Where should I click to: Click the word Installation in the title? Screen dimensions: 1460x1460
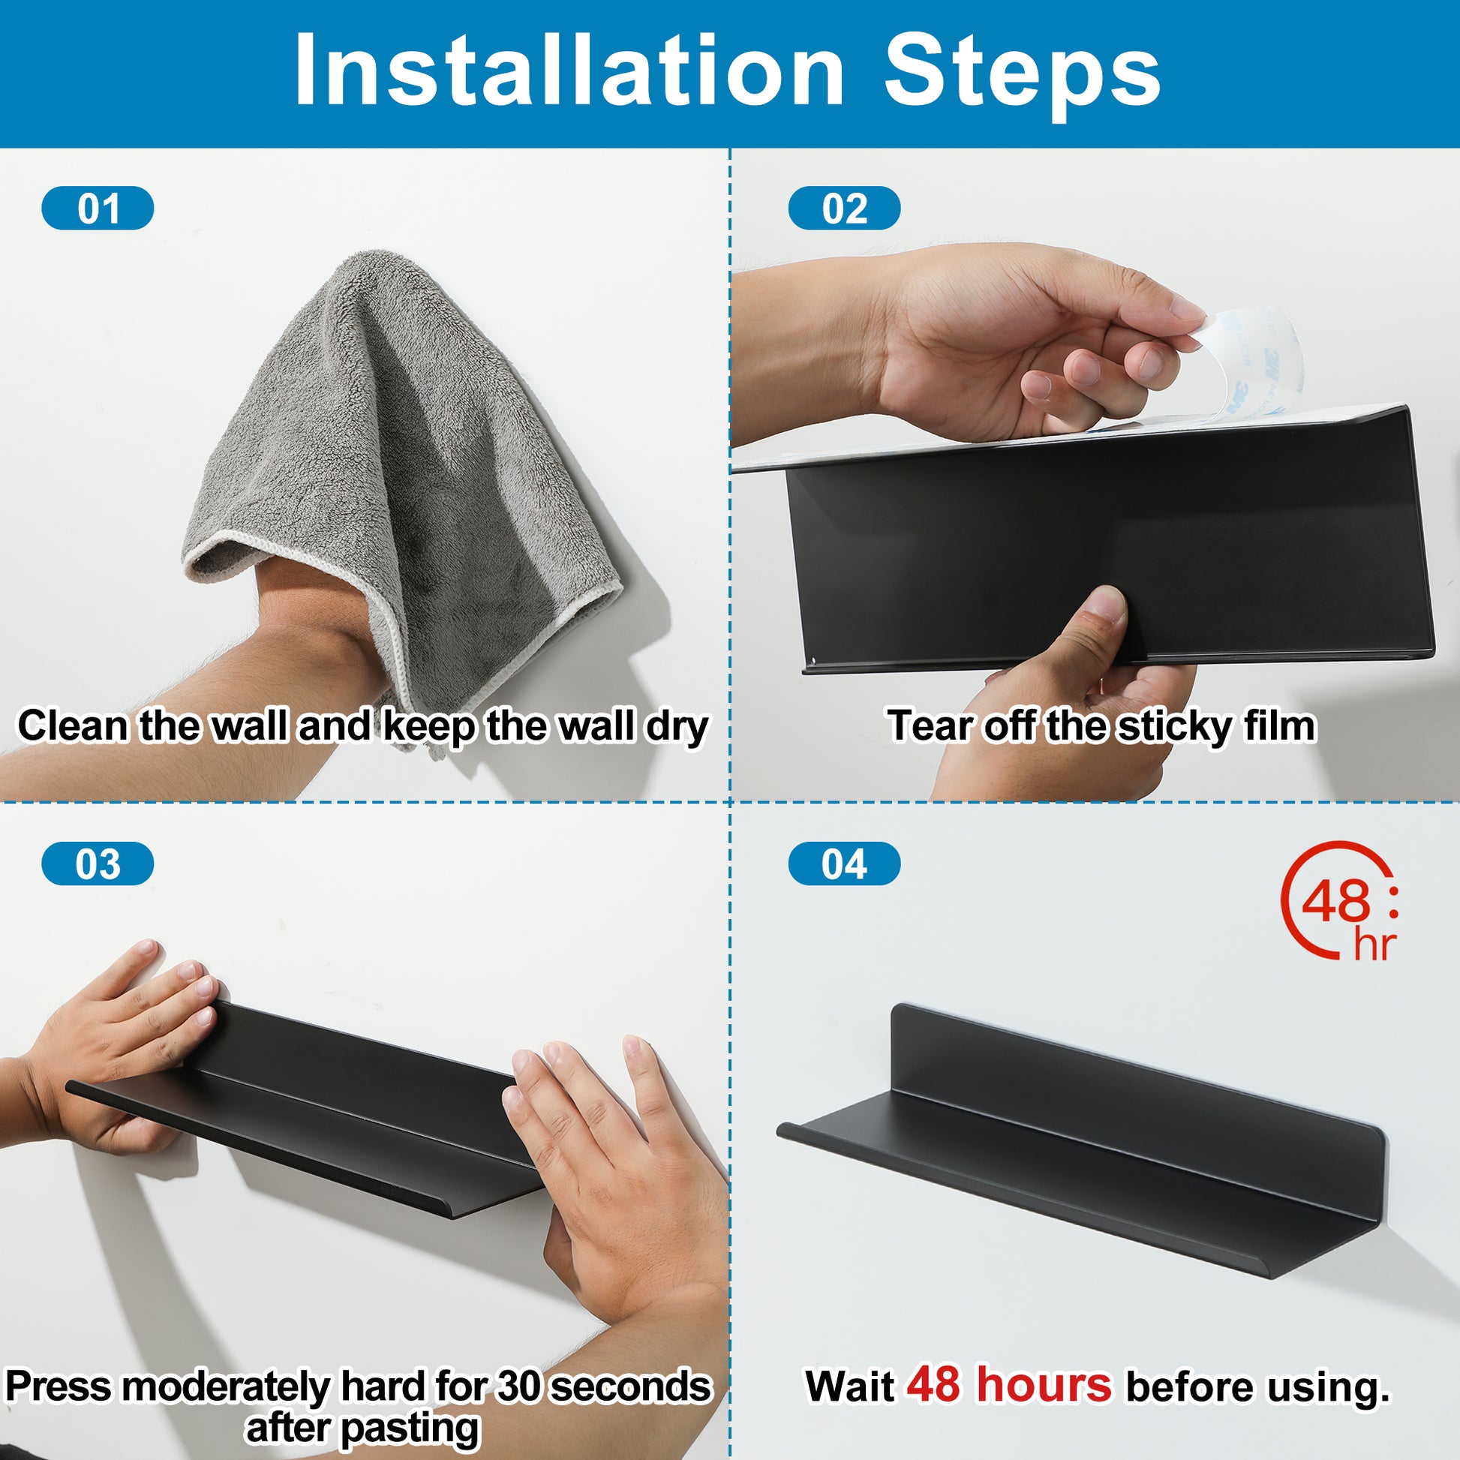tap(569, 71)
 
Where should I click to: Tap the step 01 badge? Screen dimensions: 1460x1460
tap(98, 208)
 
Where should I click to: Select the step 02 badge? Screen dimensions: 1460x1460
tap(844, 208)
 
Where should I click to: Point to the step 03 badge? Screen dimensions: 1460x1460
tap(98, 864)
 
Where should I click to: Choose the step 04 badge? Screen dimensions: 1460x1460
tap(844, 864)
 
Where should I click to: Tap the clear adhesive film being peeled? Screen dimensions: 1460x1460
tap(1247, 371)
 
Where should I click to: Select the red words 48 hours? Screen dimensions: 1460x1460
tap(1009, 1383)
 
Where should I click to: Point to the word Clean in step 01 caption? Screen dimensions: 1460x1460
tap(74, 725)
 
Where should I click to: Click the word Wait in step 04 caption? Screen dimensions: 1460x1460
tap(849, 1386)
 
